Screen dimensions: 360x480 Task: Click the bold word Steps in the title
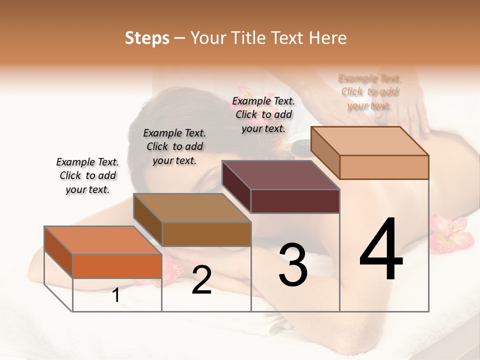(x=147, y=38)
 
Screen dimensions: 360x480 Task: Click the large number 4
(x=381, y=250)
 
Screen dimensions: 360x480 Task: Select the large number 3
(x=292, y=265)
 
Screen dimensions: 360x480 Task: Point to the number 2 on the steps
(x=201, y=280)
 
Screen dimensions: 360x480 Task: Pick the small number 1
(x=116, y=295)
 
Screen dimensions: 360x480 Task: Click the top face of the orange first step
(x=103, y=240)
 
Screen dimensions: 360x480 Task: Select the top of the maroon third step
(x=281, y=175)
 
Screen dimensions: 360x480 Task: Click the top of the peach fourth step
(x=370, y=141)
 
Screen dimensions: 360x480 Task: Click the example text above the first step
(x=87, y=175)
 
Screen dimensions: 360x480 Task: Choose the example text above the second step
(x=174, y=146)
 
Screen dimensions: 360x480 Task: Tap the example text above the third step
(x=263, y=114)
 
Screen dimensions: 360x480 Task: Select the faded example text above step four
(x=369, y=92)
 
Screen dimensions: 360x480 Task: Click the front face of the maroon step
(x=295, y=201)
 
